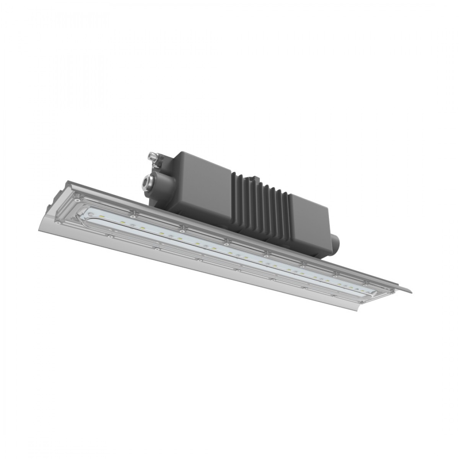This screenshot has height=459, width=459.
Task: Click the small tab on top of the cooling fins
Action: [252, 178]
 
